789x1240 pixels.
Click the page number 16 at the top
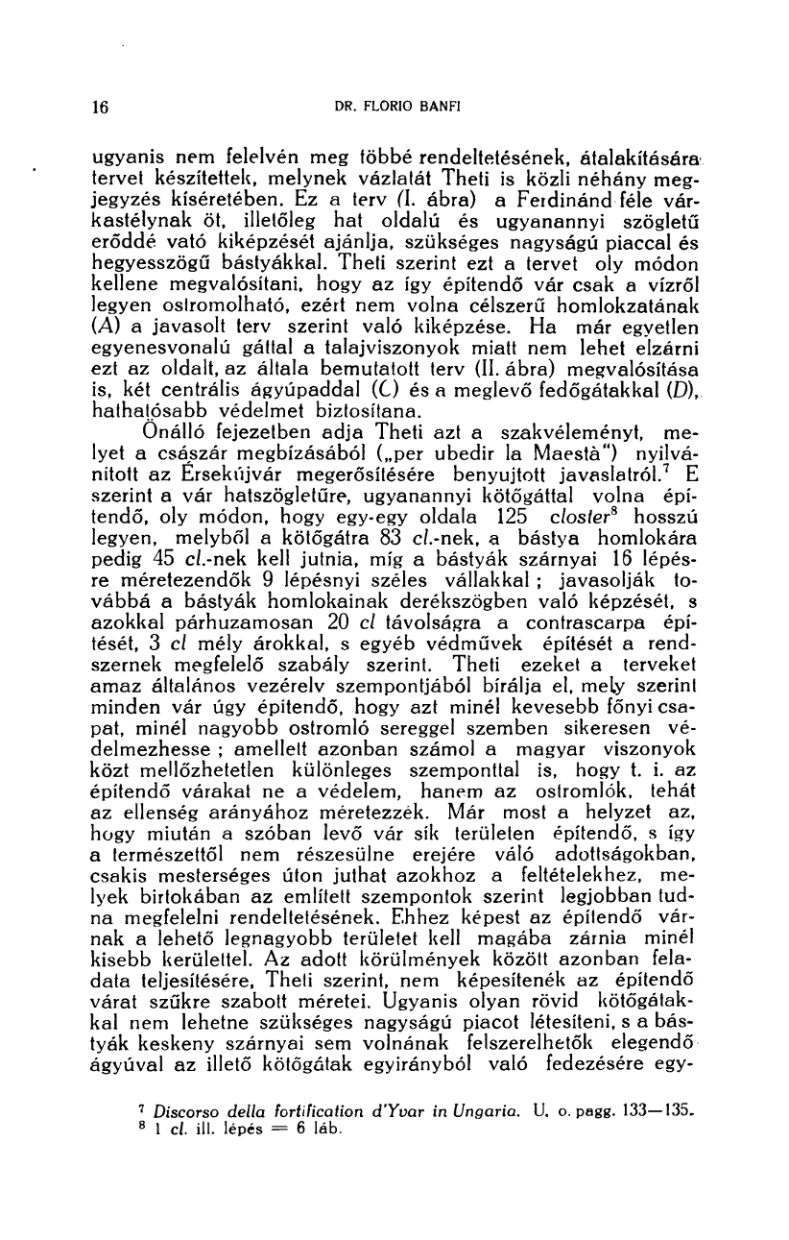[x=98, y=108]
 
